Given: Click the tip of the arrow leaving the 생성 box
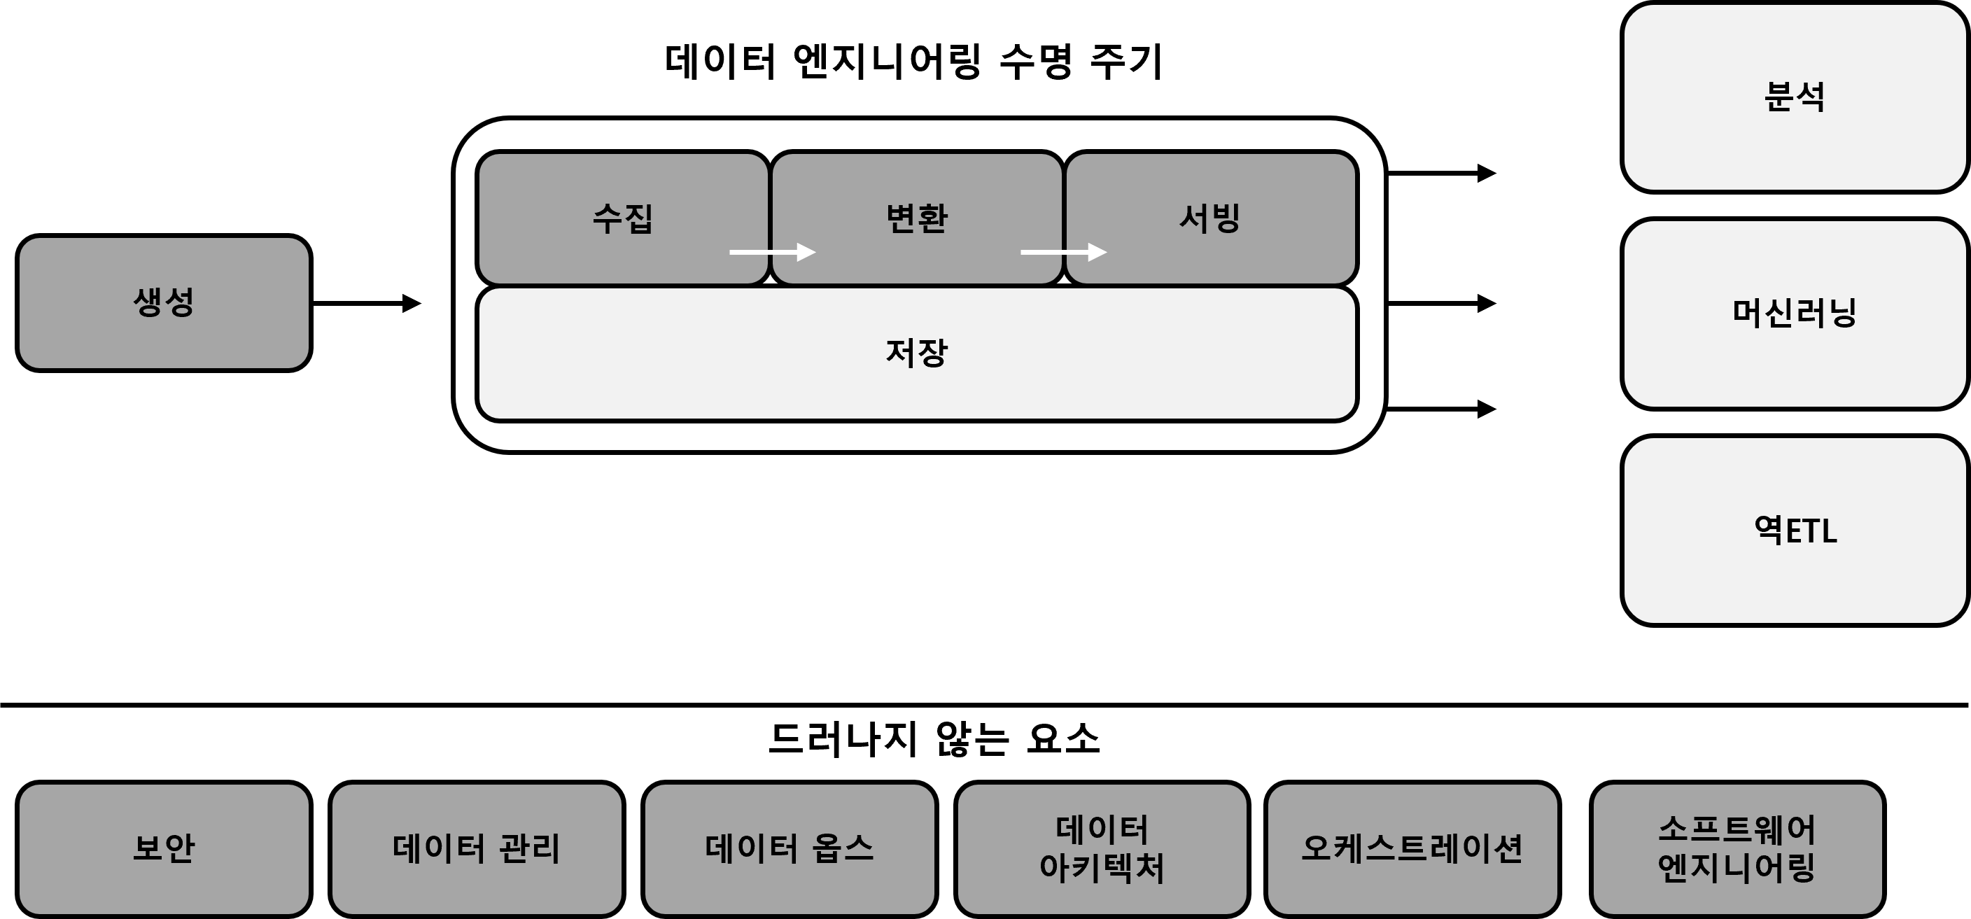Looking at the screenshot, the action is coord(421,304).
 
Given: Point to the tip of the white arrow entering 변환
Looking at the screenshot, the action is coord(816,252).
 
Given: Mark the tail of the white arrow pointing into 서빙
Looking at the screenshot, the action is coord(1020,252).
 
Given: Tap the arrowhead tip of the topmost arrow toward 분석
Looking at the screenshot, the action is coord(1496,174).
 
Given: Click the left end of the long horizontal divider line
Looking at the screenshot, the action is coord(1,705).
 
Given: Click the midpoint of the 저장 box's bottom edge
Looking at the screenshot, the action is coord(917,421).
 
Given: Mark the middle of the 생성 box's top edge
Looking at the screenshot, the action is coord(164,237).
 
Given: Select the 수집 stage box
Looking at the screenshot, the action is coord(623,218).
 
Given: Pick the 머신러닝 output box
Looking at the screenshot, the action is coord(1794,314).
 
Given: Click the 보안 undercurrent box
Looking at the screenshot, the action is coord(164,848).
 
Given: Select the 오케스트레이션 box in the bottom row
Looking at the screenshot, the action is coord(1412,848).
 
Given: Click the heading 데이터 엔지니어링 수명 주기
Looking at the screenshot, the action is coord(913,61).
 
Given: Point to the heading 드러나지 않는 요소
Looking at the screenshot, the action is coord(934,739).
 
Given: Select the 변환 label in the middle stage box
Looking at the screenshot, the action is coord(917,218).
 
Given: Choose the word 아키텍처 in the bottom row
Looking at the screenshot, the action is coord(1102,868).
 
